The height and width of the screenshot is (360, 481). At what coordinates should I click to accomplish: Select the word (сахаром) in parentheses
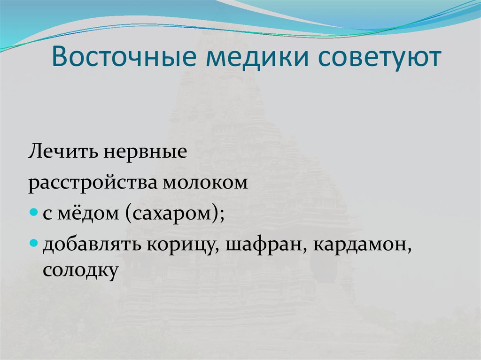171,214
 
